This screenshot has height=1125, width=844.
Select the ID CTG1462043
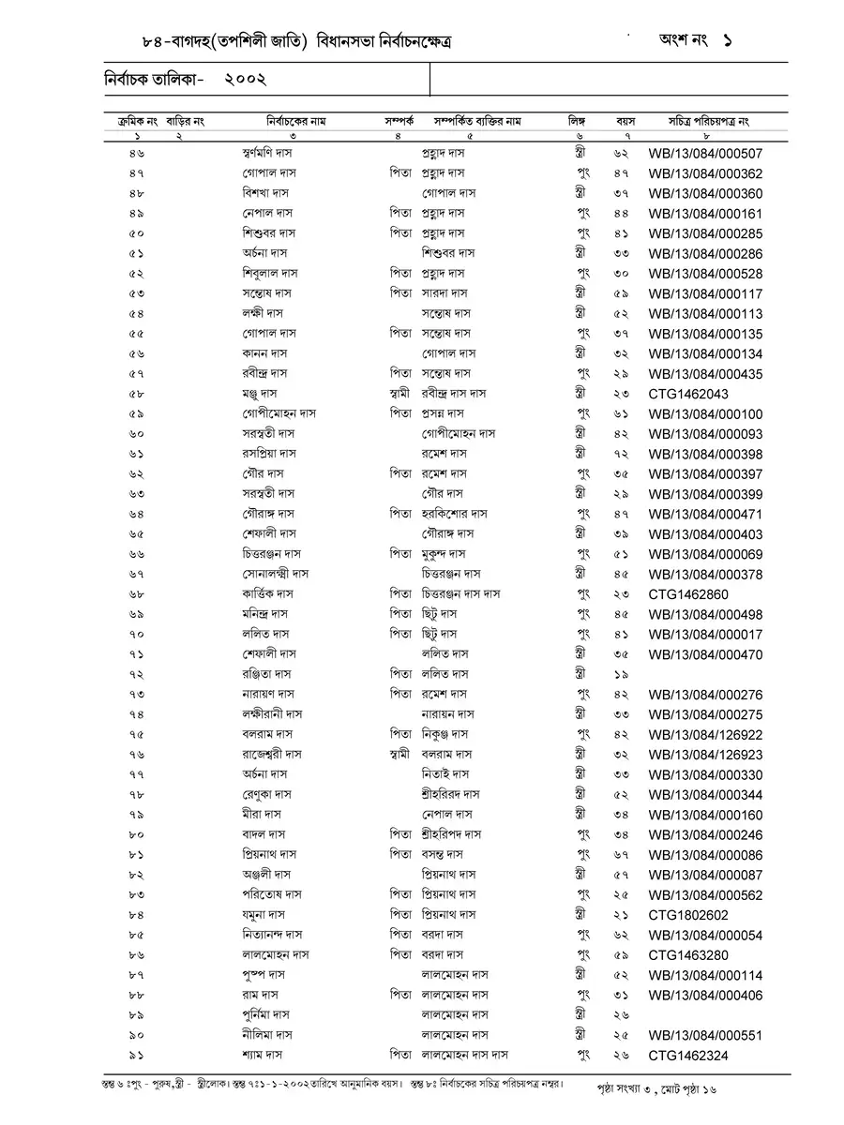[x=687, y=395]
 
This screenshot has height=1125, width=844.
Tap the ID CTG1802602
[x=687, y=915]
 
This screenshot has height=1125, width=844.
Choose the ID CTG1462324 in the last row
[x=687, y=1056]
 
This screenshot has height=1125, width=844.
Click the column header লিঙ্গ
[x=576, y=121]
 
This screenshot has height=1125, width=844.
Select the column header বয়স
[x=625, y=121]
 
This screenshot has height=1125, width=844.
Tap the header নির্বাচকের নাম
[x=295, y=121]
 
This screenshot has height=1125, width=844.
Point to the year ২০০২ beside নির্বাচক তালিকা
[x=246, y=81]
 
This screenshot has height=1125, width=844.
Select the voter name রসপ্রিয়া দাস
[x=268, y=454]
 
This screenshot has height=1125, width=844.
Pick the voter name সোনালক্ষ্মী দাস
[x=275, y=574]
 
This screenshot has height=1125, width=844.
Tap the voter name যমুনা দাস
[x=263, y=915]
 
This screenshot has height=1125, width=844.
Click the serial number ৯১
[x=137, y=1056]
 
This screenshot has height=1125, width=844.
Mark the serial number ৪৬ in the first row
[x=137, y=153]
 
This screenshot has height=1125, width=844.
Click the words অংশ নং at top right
[x=682, y=42]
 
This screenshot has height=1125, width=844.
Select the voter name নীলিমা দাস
[x=266, y=1036]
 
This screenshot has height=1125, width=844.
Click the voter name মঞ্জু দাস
[x=259, y=394]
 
